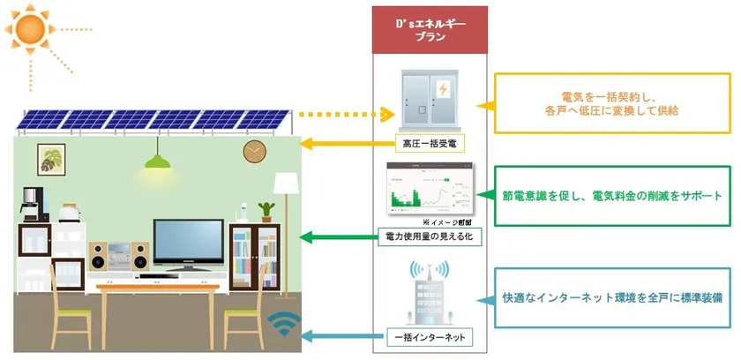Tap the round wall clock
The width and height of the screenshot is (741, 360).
pos(254,152)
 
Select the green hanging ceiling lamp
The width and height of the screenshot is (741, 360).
pos(158,161)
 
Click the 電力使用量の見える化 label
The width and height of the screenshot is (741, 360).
pos(430,237)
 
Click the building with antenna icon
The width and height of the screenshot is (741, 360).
pos(430,293)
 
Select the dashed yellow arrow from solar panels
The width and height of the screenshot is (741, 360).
pos(344,115)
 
